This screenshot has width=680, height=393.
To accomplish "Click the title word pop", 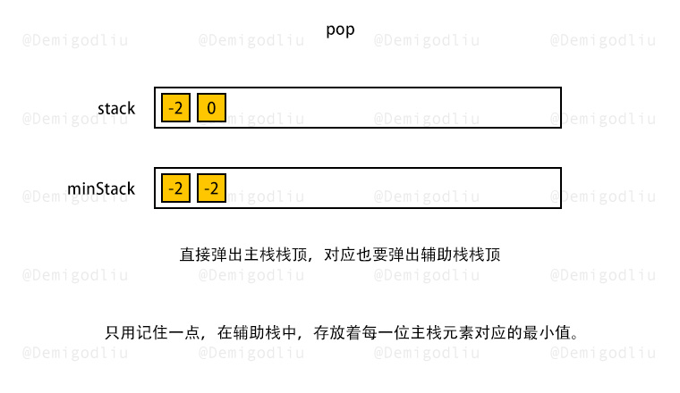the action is (340, 30).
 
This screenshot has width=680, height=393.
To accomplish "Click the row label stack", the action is (116, 108).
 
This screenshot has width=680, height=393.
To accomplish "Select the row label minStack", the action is (101, 188).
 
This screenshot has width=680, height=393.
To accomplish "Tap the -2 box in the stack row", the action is (175, 107).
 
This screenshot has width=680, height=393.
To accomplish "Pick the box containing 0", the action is (211, 107).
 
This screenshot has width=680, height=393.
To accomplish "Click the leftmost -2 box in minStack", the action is (175, 188).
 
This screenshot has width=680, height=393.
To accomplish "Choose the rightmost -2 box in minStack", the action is (211, 188).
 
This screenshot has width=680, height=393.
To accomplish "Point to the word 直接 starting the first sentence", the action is (195, 255).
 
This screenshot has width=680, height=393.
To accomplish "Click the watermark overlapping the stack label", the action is (75, 119).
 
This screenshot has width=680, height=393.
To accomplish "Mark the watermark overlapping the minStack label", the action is (75, 196).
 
